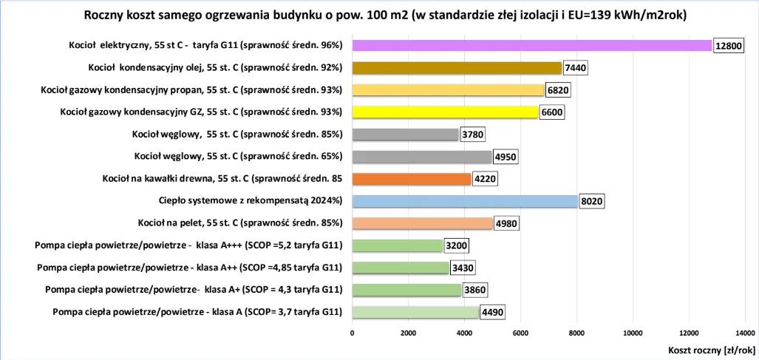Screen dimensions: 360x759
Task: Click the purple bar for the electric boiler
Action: (x=532, y=46)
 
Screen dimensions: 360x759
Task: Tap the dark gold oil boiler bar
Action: (x=457, y=68)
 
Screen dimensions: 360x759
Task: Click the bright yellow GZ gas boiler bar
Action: (x=445, y=112)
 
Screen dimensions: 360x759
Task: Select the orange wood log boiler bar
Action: (x=412, y=179)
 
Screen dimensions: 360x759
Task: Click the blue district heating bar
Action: (x=465, y=201)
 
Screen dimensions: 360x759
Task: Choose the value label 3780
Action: (x=473, y=135)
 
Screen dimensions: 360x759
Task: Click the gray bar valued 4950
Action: (x=422, y=157)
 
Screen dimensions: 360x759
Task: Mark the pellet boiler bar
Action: (x=422, y=223)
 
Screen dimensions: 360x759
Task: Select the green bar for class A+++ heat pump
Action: (x=397, y=245)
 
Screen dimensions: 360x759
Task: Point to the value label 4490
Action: (x=493, y=313)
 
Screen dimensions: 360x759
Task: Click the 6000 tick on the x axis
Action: (x=520, y=333)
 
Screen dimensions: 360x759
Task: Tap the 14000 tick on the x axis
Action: (x=745, y=333)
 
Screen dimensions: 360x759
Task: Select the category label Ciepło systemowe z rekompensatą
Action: (x=251, y=200)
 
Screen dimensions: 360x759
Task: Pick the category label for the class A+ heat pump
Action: (x=194, y=289)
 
